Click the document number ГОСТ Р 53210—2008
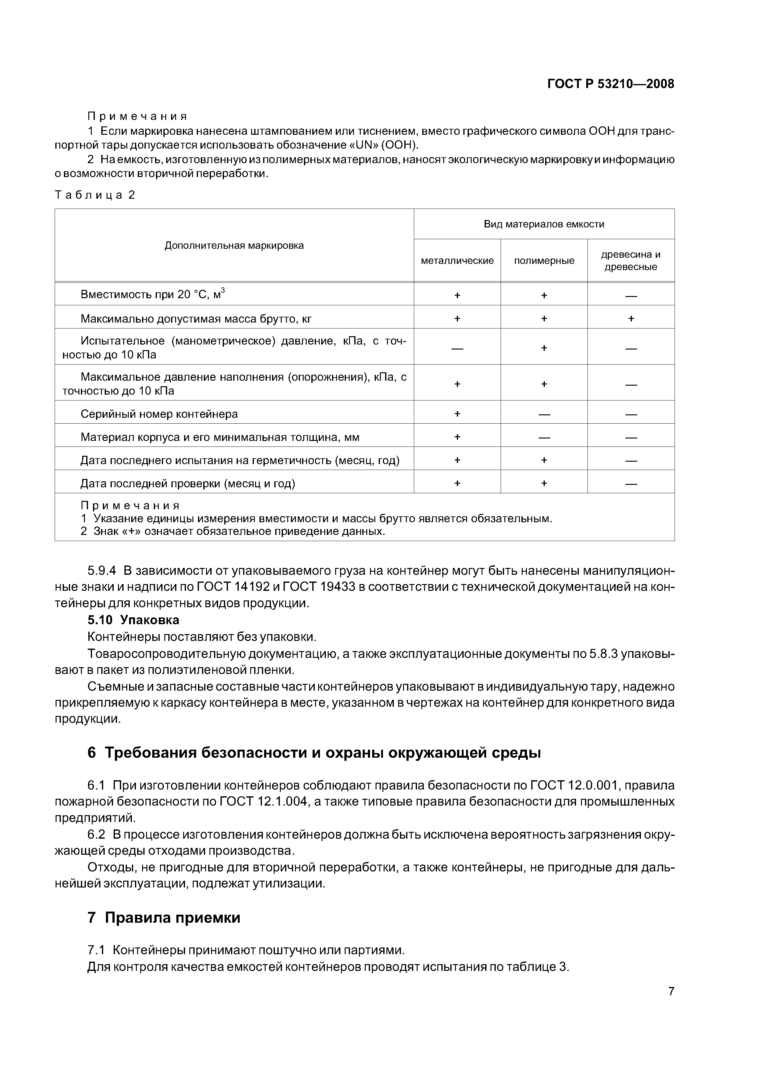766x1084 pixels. click(x=610, y=84)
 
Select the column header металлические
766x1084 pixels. click(x=457, y=260)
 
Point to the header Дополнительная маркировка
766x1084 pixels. click(x=234, y=245)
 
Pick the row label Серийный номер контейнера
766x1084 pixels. click(x=159, y=414)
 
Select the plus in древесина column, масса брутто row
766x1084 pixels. click(x=631, y=319)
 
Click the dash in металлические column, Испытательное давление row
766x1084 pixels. click(x=457, y=348)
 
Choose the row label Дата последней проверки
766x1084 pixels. click(x=188, y=484)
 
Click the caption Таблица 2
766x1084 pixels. click(x=95, y=195)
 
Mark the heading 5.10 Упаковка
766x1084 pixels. click(x=133, y=620)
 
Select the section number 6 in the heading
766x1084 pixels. click(x=91, y=752)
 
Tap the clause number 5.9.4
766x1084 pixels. click(x=102, y=571)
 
